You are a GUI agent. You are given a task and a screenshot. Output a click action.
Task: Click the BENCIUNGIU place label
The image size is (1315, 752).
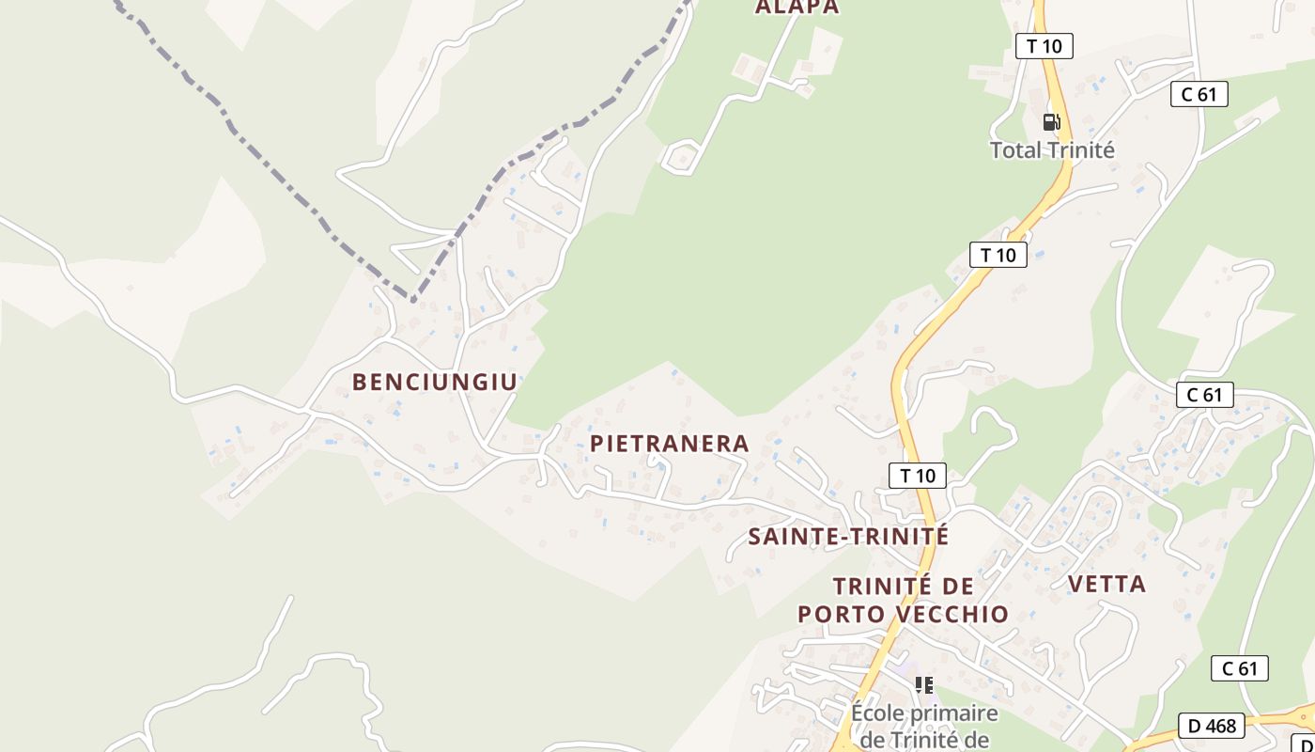click(434, 382)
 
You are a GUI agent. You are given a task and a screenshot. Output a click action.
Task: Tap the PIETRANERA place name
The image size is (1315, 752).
click(669, 444)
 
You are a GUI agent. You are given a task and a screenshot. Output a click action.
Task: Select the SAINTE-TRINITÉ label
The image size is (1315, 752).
click(848, 537)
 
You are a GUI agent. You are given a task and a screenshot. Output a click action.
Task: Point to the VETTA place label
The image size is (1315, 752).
click(1106, 584)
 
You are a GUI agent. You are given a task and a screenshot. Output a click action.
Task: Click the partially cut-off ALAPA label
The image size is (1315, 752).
click(797, 8)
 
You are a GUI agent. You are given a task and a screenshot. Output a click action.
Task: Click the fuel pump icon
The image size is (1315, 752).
click(1051, 121)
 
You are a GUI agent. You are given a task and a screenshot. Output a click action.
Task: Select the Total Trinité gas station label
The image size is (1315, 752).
click(1052, 150)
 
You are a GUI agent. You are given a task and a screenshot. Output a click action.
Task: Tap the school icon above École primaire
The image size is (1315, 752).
click(924, 685)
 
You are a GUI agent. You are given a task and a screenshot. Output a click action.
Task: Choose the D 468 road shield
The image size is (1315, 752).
click(1213, 726)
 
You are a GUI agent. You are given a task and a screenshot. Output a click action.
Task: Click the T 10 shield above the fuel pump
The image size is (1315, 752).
click(1044, 45)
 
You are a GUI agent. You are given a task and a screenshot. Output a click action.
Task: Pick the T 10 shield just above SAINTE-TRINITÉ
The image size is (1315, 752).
click(918, 475)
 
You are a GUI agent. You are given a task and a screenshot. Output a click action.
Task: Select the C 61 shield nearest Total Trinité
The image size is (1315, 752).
click(1199, 94)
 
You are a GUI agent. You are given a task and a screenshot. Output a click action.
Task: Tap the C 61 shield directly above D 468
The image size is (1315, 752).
click(1239, 668)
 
